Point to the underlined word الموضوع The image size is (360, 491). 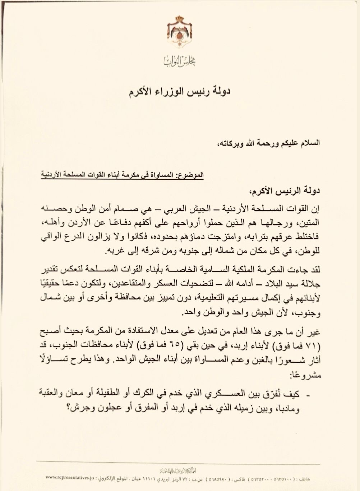193,175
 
